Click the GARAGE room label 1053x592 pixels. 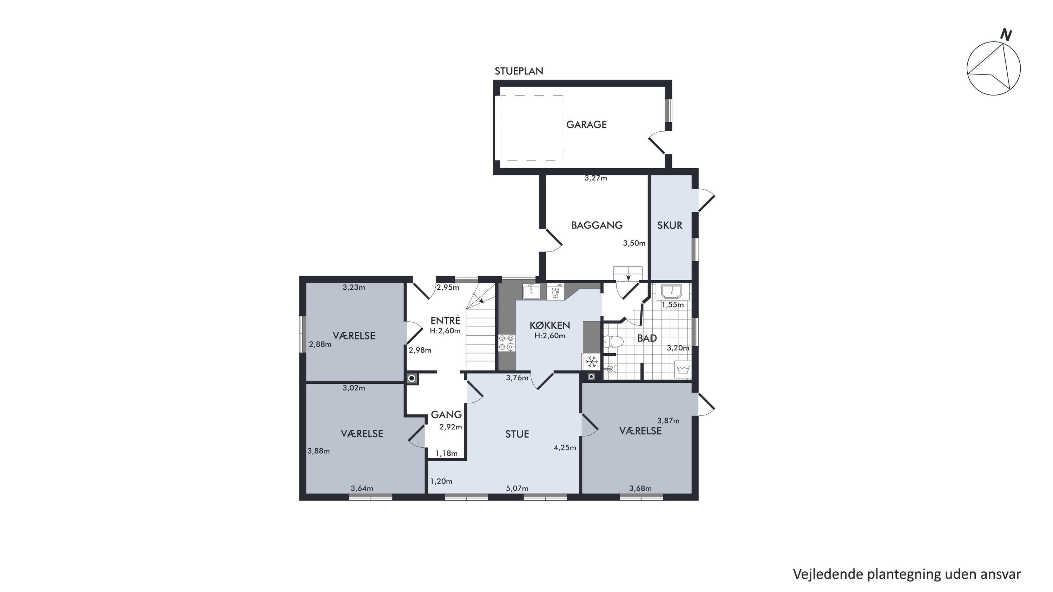click(586, 125)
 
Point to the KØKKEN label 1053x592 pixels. click(550, 325)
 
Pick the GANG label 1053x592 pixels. click(446, 415)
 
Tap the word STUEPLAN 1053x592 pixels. click(519, 71)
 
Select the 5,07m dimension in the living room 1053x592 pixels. click(517, 488)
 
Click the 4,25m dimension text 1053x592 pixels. click(565, 448)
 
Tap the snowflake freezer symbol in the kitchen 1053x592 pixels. click(591, 362)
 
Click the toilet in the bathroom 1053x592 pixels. click(613, 341)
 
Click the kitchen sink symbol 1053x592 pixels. click(531, 291)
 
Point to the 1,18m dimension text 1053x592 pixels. click(446, 453)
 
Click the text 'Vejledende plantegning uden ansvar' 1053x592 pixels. click(907, 574)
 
